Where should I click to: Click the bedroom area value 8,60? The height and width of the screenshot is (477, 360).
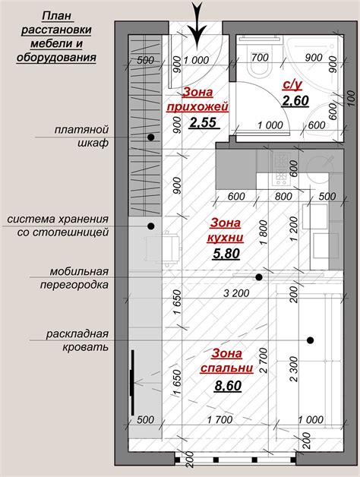(x=227, y=386)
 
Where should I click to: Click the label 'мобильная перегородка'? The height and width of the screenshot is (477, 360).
(x=80, y=278)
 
